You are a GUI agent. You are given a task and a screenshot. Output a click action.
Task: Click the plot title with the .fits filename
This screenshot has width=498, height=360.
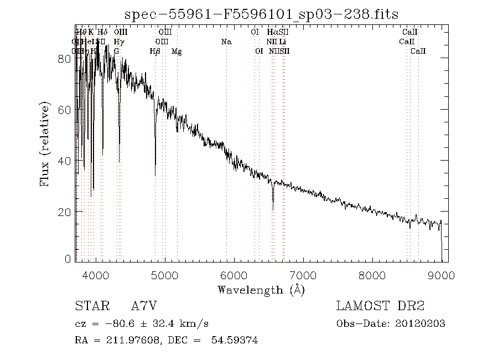[261, 13]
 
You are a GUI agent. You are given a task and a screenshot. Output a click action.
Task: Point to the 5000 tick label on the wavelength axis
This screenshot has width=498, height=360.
[165, 275]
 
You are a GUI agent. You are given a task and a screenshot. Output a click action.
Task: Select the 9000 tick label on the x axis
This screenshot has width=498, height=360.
[442, 275]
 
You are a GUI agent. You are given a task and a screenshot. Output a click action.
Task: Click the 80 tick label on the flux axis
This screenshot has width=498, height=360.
[64, 59]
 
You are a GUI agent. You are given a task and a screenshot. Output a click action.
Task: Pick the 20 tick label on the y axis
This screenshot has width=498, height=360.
[64, 212]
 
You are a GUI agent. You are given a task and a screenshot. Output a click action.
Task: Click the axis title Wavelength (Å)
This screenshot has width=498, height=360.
[261, 290]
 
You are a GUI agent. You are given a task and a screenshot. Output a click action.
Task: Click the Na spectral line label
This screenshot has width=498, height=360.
[226, 42]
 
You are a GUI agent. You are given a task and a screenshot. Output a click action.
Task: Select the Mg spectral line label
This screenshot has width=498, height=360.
[177, 52]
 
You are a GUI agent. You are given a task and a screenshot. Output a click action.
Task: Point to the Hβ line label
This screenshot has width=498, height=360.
[155, 52]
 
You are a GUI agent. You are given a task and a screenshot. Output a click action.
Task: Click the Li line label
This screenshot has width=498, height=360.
[282, 42]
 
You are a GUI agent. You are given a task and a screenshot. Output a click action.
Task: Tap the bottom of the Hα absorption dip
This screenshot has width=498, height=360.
[273, 209]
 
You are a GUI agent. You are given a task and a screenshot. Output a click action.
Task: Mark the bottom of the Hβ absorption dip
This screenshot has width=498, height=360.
[155, 175]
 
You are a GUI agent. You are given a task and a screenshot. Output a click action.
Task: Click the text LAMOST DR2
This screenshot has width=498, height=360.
[380, 306]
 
